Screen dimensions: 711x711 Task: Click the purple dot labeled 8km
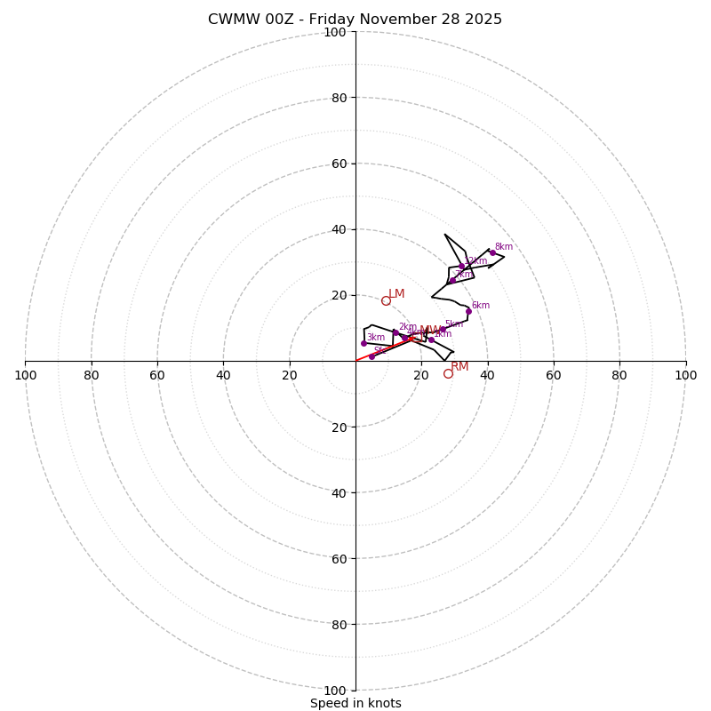tap(492, 252)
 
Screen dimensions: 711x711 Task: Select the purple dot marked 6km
tap(468, 311)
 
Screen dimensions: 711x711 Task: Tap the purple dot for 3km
tap(363, 343)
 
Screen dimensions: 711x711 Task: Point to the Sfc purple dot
tap(371, 356)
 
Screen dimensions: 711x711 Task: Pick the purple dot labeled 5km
tap(443, 329)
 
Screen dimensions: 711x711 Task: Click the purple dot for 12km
tap(461, 267)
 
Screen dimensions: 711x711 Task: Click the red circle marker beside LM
tap(386, 301)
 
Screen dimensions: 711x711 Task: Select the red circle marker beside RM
tap(448, 374)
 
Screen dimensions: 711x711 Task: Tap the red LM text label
tap(396, 294)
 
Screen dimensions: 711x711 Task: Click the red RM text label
tap(459, 366)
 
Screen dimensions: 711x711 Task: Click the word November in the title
tap(387, 20)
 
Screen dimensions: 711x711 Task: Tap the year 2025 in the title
tap(481, 20)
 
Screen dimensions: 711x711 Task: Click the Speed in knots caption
tap(355, 703)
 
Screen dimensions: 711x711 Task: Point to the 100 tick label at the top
tap(335, 32)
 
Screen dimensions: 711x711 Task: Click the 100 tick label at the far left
tap(25, 375)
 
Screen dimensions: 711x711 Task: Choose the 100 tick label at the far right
tap(685, 375)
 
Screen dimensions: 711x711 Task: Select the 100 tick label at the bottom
tap(335, 691)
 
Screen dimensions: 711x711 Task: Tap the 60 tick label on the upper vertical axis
tap(339, 164)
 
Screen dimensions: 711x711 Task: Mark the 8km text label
tap(504, 247)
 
